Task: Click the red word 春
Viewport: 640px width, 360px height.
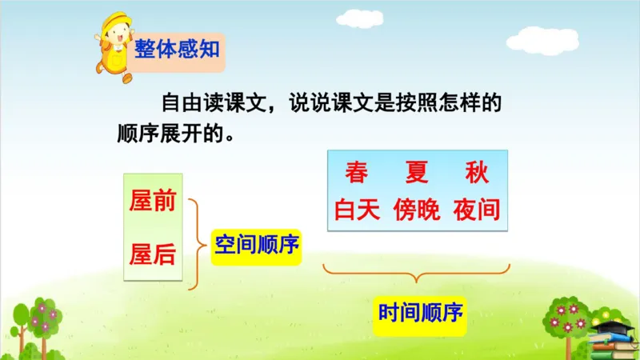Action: pyautogui.click(x=356, y=172)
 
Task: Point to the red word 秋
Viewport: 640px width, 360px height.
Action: pyautogui.click(x=475, y=172)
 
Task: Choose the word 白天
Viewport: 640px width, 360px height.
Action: pyautogui.click(x=357, y=210)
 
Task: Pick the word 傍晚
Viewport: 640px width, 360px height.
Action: pyautogui.click(x=416, y=210)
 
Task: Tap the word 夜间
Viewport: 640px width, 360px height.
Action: pyautogui.click(x=476, y=210)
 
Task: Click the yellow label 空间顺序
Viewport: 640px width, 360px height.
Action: pyautogui.click(x=257, y=245)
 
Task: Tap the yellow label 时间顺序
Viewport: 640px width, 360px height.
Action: pyautogui.click(x=421, y=312)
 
